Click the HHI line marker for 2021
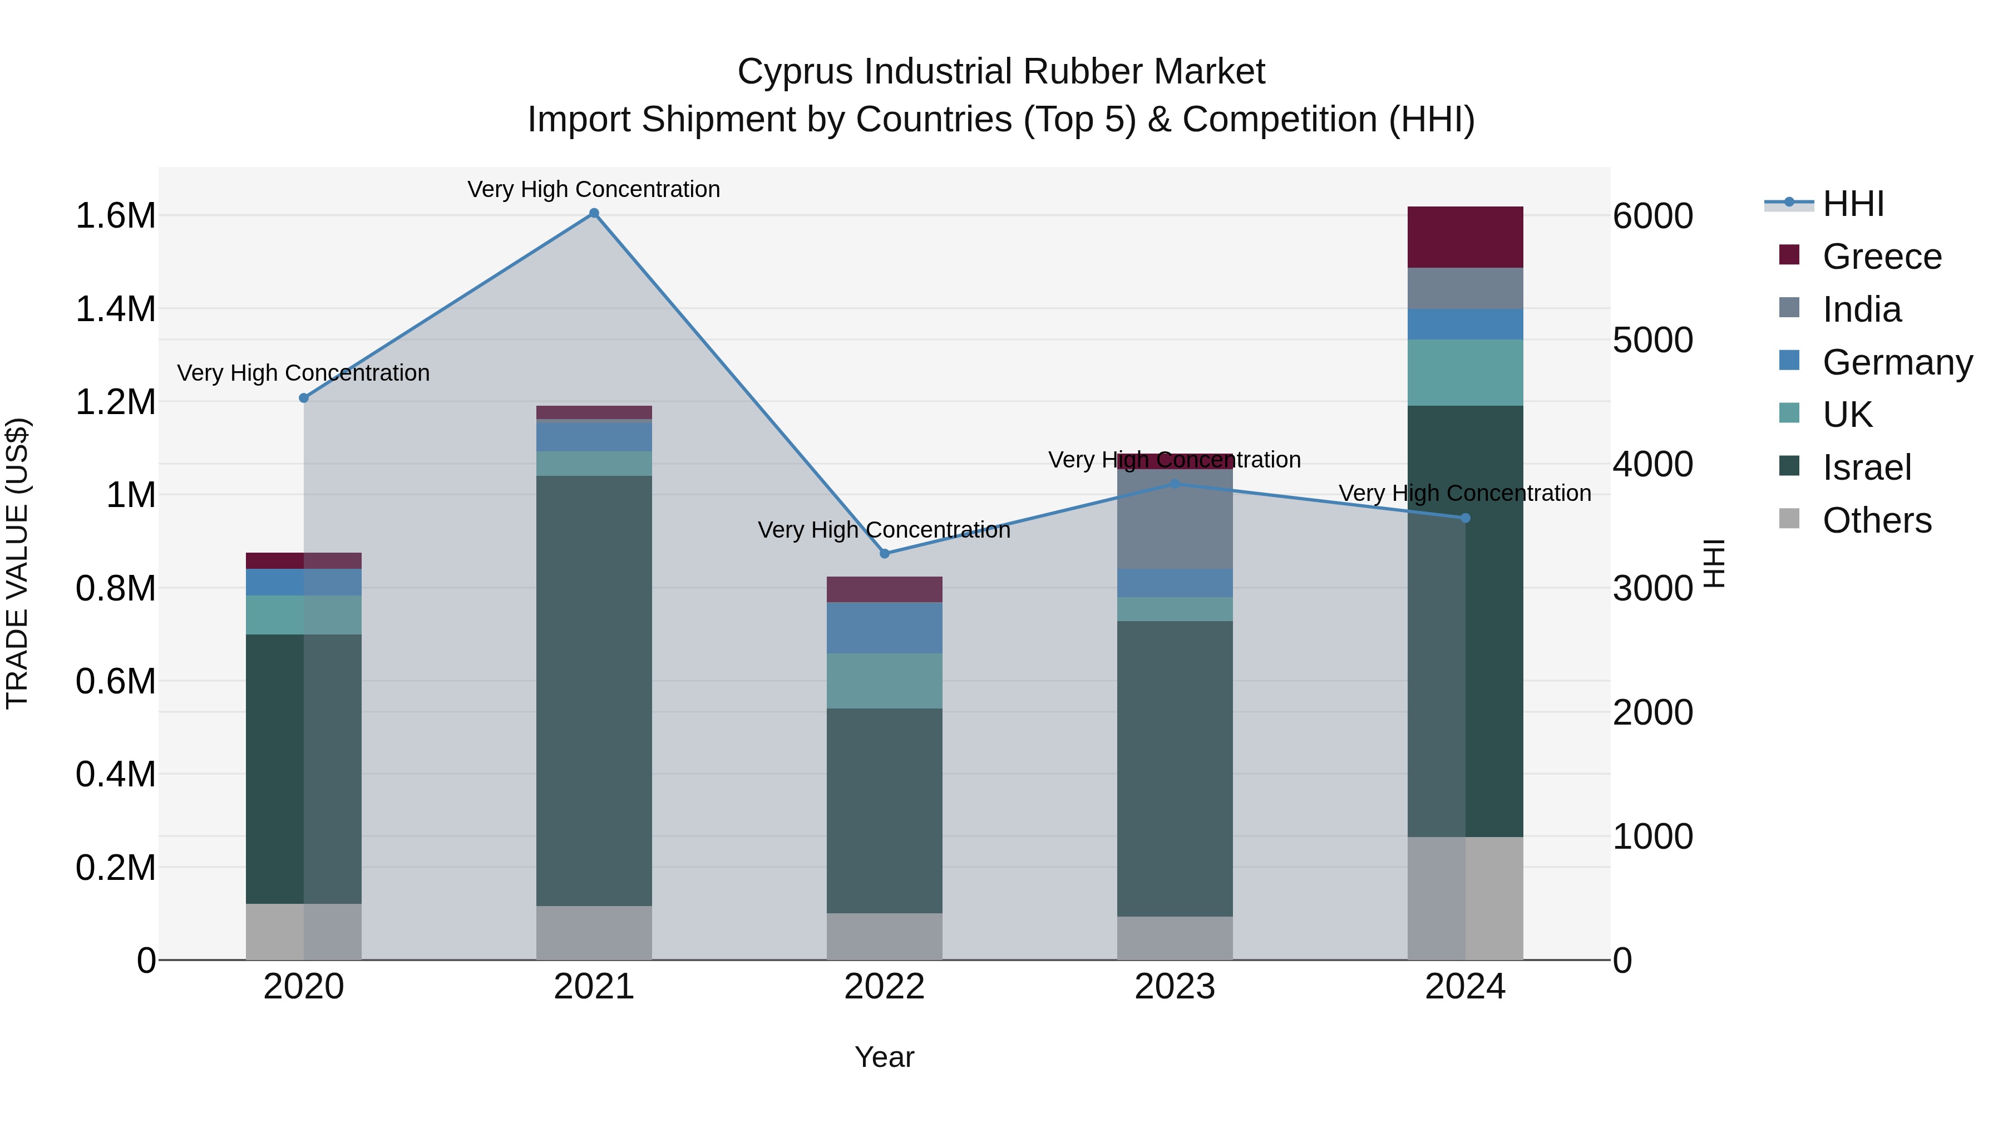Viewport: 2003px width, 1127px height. point(594,213)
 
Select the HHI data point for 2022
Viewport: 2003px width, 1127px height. point(884,554)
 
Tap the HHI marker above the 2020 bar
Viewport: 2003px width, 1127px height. point(304,398)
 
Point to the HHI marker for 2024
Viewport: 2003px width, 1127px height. point(1465,518)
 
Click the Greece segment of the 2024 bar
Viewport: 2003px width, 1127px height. point(1465,237)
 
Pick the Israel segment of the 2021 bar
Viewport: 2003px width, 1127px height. point(594,691)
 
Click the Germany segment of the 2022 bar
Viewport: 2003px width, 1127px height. point(884,628)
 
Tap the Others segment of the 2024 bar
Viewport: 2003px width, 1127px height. point(1465,898)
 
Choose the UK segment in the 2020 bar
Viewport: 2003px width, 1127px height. point(304,615)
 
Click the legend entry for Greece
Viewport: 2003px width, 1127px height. point(1882,257)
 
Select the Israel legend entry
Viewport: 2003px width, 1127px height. point(1866,467)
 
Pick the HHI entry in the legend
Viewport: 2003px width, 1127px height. point(1853,204)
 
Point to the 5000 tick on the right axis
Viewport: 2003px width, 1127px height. point(1652,340)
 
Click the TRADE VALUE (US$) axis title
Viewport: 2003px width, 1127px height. point(18,563)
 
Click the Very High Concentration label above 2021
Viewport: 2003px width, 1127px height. point(594,189)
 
